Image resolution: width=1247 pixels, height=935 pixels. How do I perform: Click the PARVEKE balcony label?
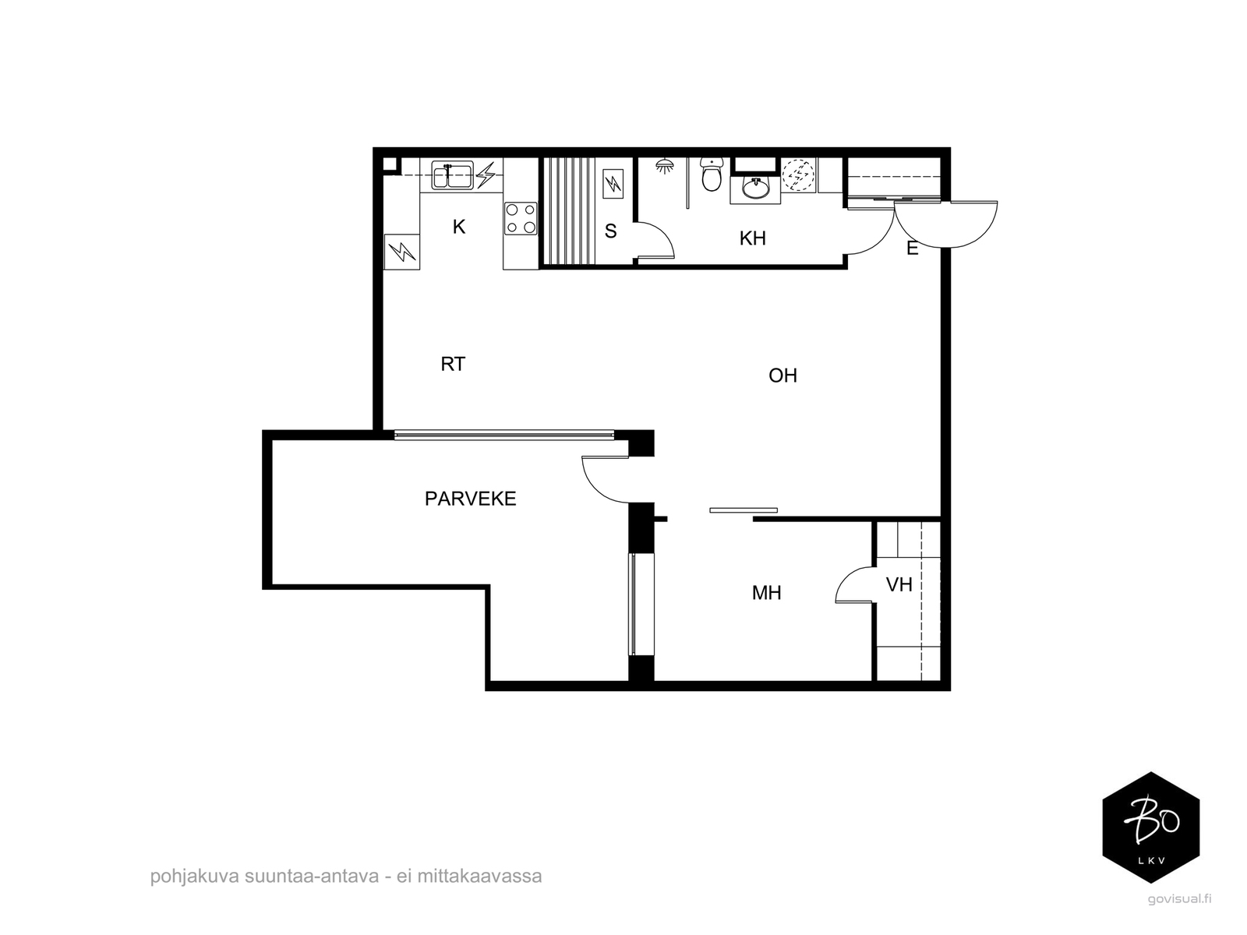(x=471, y=499)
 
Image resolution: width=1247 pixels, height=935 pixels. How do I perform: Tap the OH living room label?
(x=782, y=376)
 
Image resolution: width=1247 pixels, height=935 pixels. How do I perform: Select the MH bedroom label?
(x=766, y=593)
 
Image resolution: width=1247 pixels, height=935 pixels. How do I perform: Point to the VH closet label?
(x=899, y=584)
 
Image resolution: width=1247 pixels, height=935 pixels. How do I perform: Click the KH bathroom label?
(x=752, y=238)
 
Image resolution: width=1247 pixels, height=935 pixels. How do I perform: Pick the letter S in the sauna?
(x=610, y=231)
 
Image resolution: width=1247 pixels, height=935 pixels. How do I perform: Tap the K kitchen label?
(x=459, y=227)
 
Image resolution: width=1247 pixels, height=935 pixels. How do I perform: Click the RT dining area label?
(x=453, y=364)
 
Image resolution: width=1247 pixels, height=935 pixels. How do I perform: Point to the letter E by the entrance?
(x=913, y=249)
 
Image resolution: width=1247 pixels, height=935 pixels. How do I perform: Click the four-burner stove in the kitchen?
(x=521, y=219)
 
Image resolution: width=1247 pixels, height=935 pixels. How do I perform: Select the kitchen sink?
(x=452, y=175)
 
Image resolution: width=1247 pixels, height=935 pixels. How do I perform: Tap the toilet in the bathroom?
(x=712, y=174)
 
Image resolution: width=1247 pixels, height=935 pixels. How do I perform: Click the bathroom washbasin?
(x=755, y=189)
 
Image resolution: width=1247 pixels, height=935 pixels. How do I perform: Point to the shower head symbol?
(x=664, y=166)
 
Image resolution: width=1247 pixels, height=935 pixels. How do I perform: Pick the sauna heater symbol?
(x=613, y=184)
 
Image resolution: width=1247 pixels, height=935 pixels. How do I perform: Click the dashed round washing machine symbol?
(x=798, y=175)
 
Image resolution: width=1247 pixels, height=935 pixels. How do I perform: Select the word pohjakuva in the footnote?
(x=194, y=876)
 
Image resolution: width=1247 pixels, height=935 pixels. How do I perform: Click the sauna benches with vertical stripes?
(x=569, y=210)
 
